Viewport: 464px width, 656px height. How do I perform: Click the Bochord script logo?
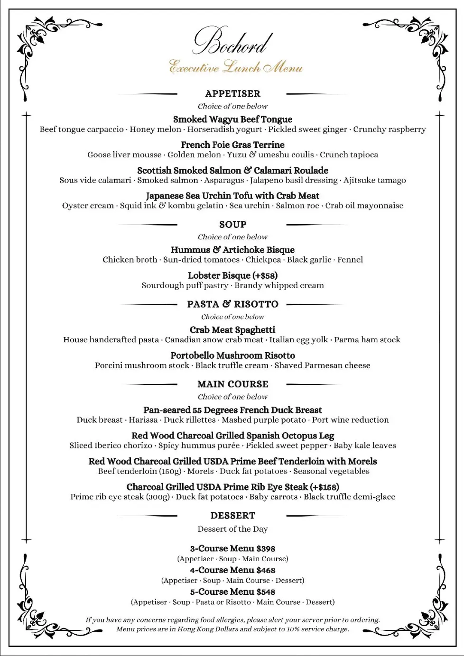click(232, 42)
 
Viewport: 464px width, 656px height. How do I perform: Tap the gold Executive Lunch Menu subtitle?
click(236, 67)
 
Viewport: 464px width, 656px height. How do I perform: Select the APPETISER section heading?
click(232, 93)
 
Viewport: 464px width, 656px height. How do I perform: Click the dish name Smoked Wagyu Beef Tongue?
click(232, 119)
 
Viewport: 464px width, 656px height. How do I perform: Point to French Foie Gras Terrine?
click(232, 145)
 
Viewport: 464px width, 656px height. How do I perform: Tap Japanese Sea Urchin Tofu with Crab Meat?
click(232, 196)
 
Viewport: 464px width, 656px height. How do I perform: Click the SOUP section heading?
click(232, 224)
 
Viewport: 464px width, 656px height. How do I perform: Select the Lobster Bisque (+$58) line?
click(232, 275)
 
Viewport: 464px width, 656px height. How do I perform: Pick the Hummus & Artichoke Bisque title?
click(232, 250)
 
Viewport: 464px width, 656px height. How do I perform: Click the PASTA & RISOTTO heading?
click(232, 304)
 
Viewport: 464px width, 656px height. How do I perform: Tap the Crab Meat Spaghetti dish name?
click(232, 330)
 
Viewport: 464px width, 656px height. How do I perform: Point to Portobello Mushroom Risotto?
click(232, 355)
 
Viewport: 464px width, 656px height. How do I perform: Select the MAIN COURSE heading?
click(232, 384)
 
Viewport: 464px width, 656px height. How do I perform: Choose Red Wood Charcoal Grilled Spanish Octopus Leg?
click(232, 436)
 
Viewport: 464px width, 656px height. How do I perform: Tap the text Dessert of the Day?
click(232, 529)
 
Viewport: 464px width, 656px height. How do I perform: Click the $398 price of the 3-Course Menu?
click(266, 548)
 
